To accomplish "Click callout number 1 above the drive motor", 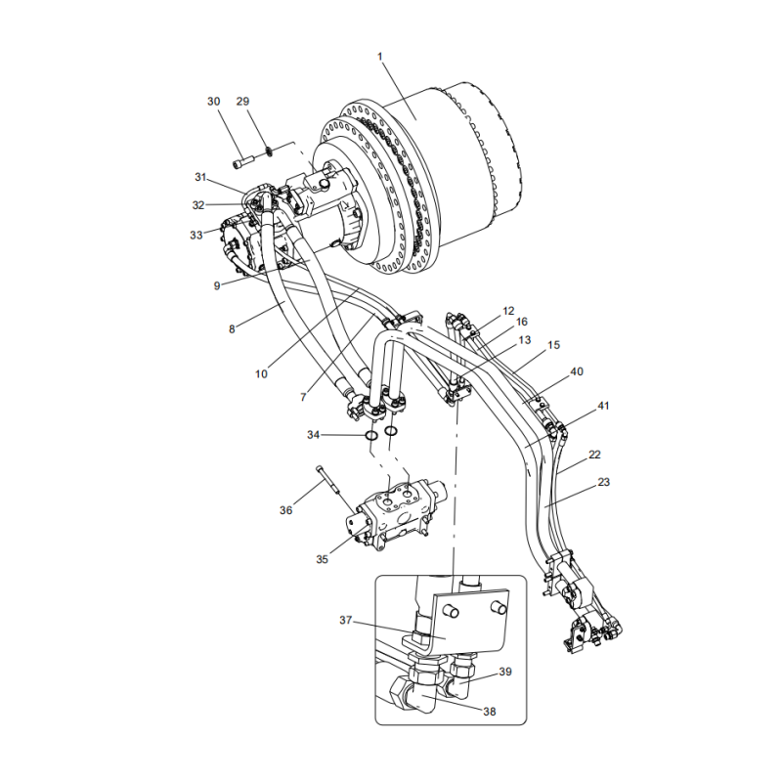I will pyautogui.click(x=381, y=55).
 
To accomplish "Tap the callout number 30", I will pyautogui.click(x=214, y=102).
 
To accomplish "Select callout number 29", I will pyautogui.click(x=243, y=102).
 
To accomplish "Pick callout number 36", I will pyautogui.click(x=285, y=510).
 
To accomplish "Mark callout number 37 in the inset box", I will pyautogui.click(x=345, y=621).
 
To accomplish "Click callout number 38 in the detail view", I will pyautogui.click(x=489, y=712).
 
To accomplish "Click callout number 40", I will pyautogui.click(x=577, y=371).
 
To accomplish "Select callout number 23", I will pyautogui.click(x=603, y=482).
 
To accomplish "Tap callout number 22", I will pyautogui.click(x=594, y=456).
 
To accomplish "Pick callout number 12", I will pyautogui.click(x=508, y=311).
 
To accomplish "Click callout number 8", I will pyautogui.click(x=232, y=329).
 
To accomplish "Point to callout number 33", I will pyautogui.click(x=196, y=235).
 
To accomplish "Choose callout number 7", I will pyautogui.click(x=303, y=397).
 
